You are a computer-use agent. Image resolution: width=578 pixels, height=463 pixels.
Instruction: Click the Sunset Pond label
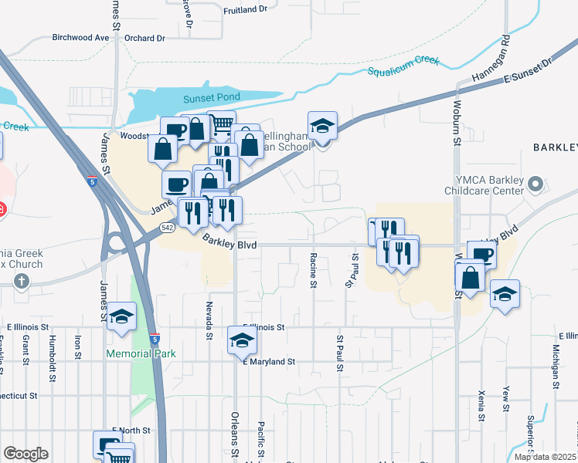[x=211, y=98]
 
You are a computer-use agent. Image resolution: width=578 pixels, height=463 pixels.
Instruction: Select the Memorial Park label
[x=141, y=354]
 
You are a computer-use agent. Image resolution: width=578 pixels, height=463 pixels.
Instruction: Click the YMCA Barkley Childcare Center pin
[x=534, y=184]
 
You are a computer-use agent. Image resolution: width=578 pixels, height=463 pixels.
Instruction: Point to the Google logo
[x=25, y=454]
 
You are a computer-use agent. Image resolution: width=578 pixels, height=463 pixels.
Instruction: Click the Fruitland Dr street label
[x=244, y=9]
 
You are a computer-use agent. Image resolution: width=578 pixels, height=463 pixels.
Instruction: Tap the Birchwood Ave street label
[x=80, y=37]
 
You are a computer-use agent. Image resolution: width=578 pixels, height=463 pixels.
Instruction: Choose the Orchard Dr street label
[x=144, y=38]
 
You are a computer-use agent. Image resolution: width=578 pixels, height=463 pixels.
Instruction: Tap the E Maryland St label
[x=268, y=361]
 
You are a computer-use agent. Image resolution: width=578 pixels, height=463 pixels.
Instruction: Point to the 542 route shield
[x=167, y=228]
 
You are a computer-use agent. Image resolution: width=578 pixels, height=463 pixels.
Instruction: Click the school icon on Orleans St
[x=241, y=340]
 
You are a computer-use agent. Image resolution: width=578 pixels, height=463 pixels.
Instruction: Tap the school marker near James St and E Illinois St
[x=121, y=316]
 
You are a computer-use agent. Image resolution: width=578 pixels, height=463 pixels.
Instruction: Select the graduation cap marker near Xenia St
[x=505, y=293]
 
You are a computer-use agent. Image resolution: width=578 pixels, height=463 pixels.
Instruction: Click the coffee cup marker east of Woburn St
[x=481, y=254]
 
